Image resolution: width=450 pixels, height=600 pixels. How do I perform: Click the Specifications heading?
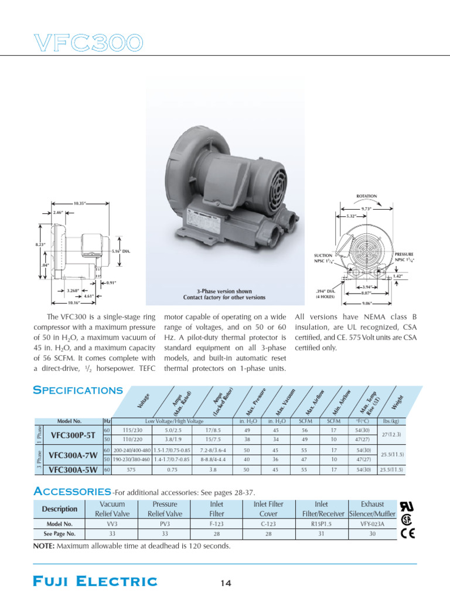(78, 390)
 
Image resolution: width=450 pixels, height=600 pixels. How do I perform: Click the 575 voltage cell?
(131, 469)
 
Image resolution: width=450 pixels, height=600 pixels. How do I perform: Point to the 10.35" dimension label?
(81, 203)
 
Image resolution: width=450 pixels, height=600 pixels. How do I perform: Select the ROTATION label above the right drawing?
(366, 196)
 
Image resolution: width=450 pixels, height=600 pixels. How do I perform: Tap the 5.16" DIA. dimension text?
(120, 251)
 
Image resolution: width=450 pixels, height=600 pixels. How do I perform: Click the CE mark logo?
(408, 533)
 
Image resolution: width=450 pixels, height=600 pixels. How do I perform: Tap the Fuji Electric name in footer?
(95, 581)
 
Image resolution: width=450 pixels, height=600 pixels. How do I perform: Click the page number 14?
(226, 582)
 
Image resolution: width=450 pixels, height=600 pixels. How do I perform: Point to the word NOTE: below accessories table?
(44, 546)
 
